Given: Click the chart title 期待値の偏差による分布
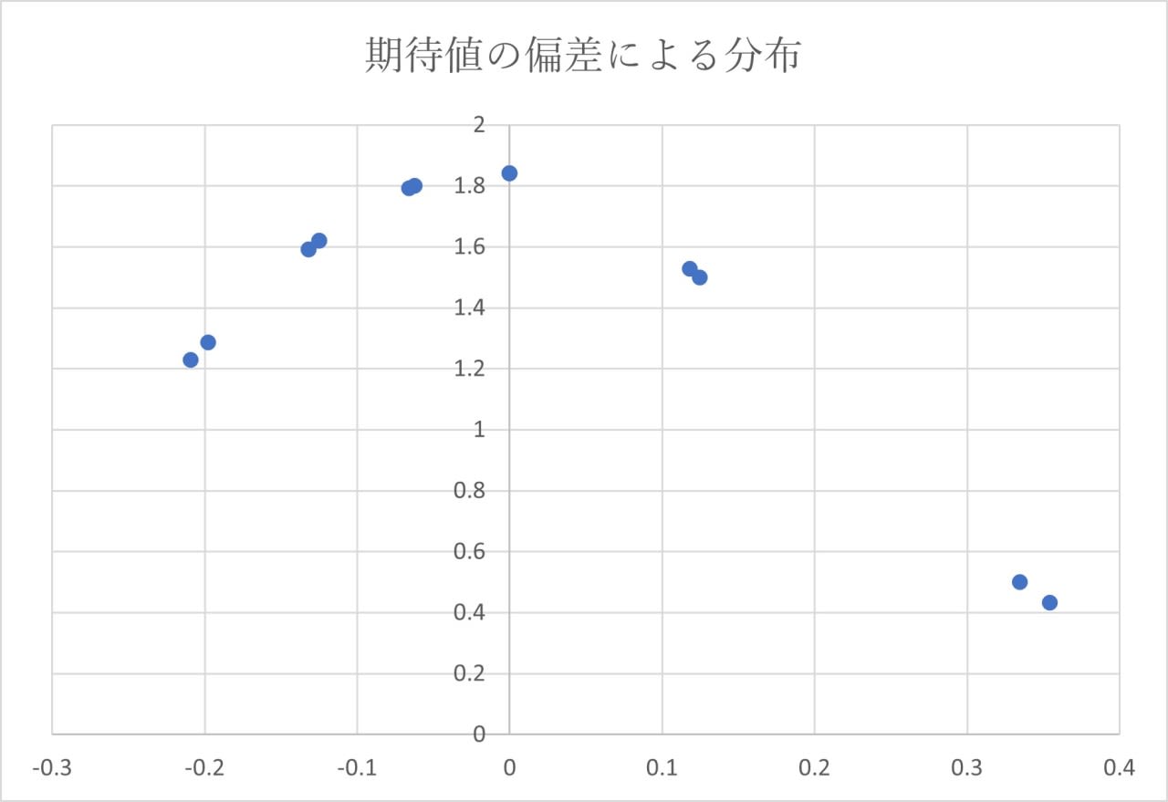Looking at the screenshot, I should click(583, 57).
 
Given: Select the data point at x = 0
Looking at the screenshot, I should click(509, 173).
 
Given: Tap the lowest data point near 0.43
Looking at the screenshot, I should click(1049, 602).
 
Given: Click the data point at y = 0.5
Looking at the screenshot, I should click(1019, 582).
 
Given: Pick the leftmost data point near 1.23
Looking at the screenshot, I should click(191, 359).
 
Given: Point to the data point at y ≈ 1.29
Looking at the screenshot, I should click(208, 342).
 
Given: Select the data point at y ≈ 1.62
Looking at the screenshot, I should click(319, 241).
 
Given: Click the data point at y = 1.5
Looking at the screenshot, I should click(700, 277).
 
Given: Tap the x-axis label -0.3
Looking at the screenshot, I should click(52, 768).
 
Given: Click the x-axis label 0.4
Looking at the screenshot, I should click(1119, 768).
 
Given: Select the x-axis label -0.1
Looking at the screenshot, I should click(357, 768).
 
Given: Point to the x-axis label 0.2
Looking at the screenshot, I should click(814, 768).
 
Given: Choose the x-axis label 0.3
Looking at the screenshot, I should click(966, 768).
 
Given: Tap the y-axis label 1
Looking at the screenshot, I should click(480, 430).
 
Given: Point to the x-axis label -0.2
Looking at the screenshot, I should click(204, 768).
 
